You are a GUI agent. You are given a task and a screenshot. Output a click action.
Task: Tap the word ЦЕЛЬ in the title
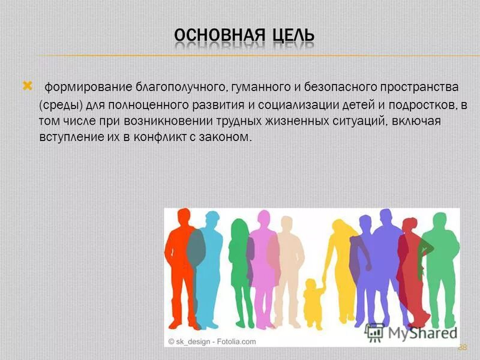click(290, 37)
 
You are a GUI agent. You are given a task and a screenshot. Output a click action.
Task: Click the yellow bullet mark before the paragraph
click(26, 88)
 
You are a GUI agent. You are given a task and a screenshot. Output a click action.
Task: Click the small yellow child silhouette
click(312, 303)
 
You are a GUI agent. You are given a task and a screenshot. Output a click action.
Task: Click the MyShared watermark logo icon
click(376, 332)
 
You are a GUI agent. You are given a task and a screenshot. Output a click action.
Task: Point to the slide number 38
click(462, 347)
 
